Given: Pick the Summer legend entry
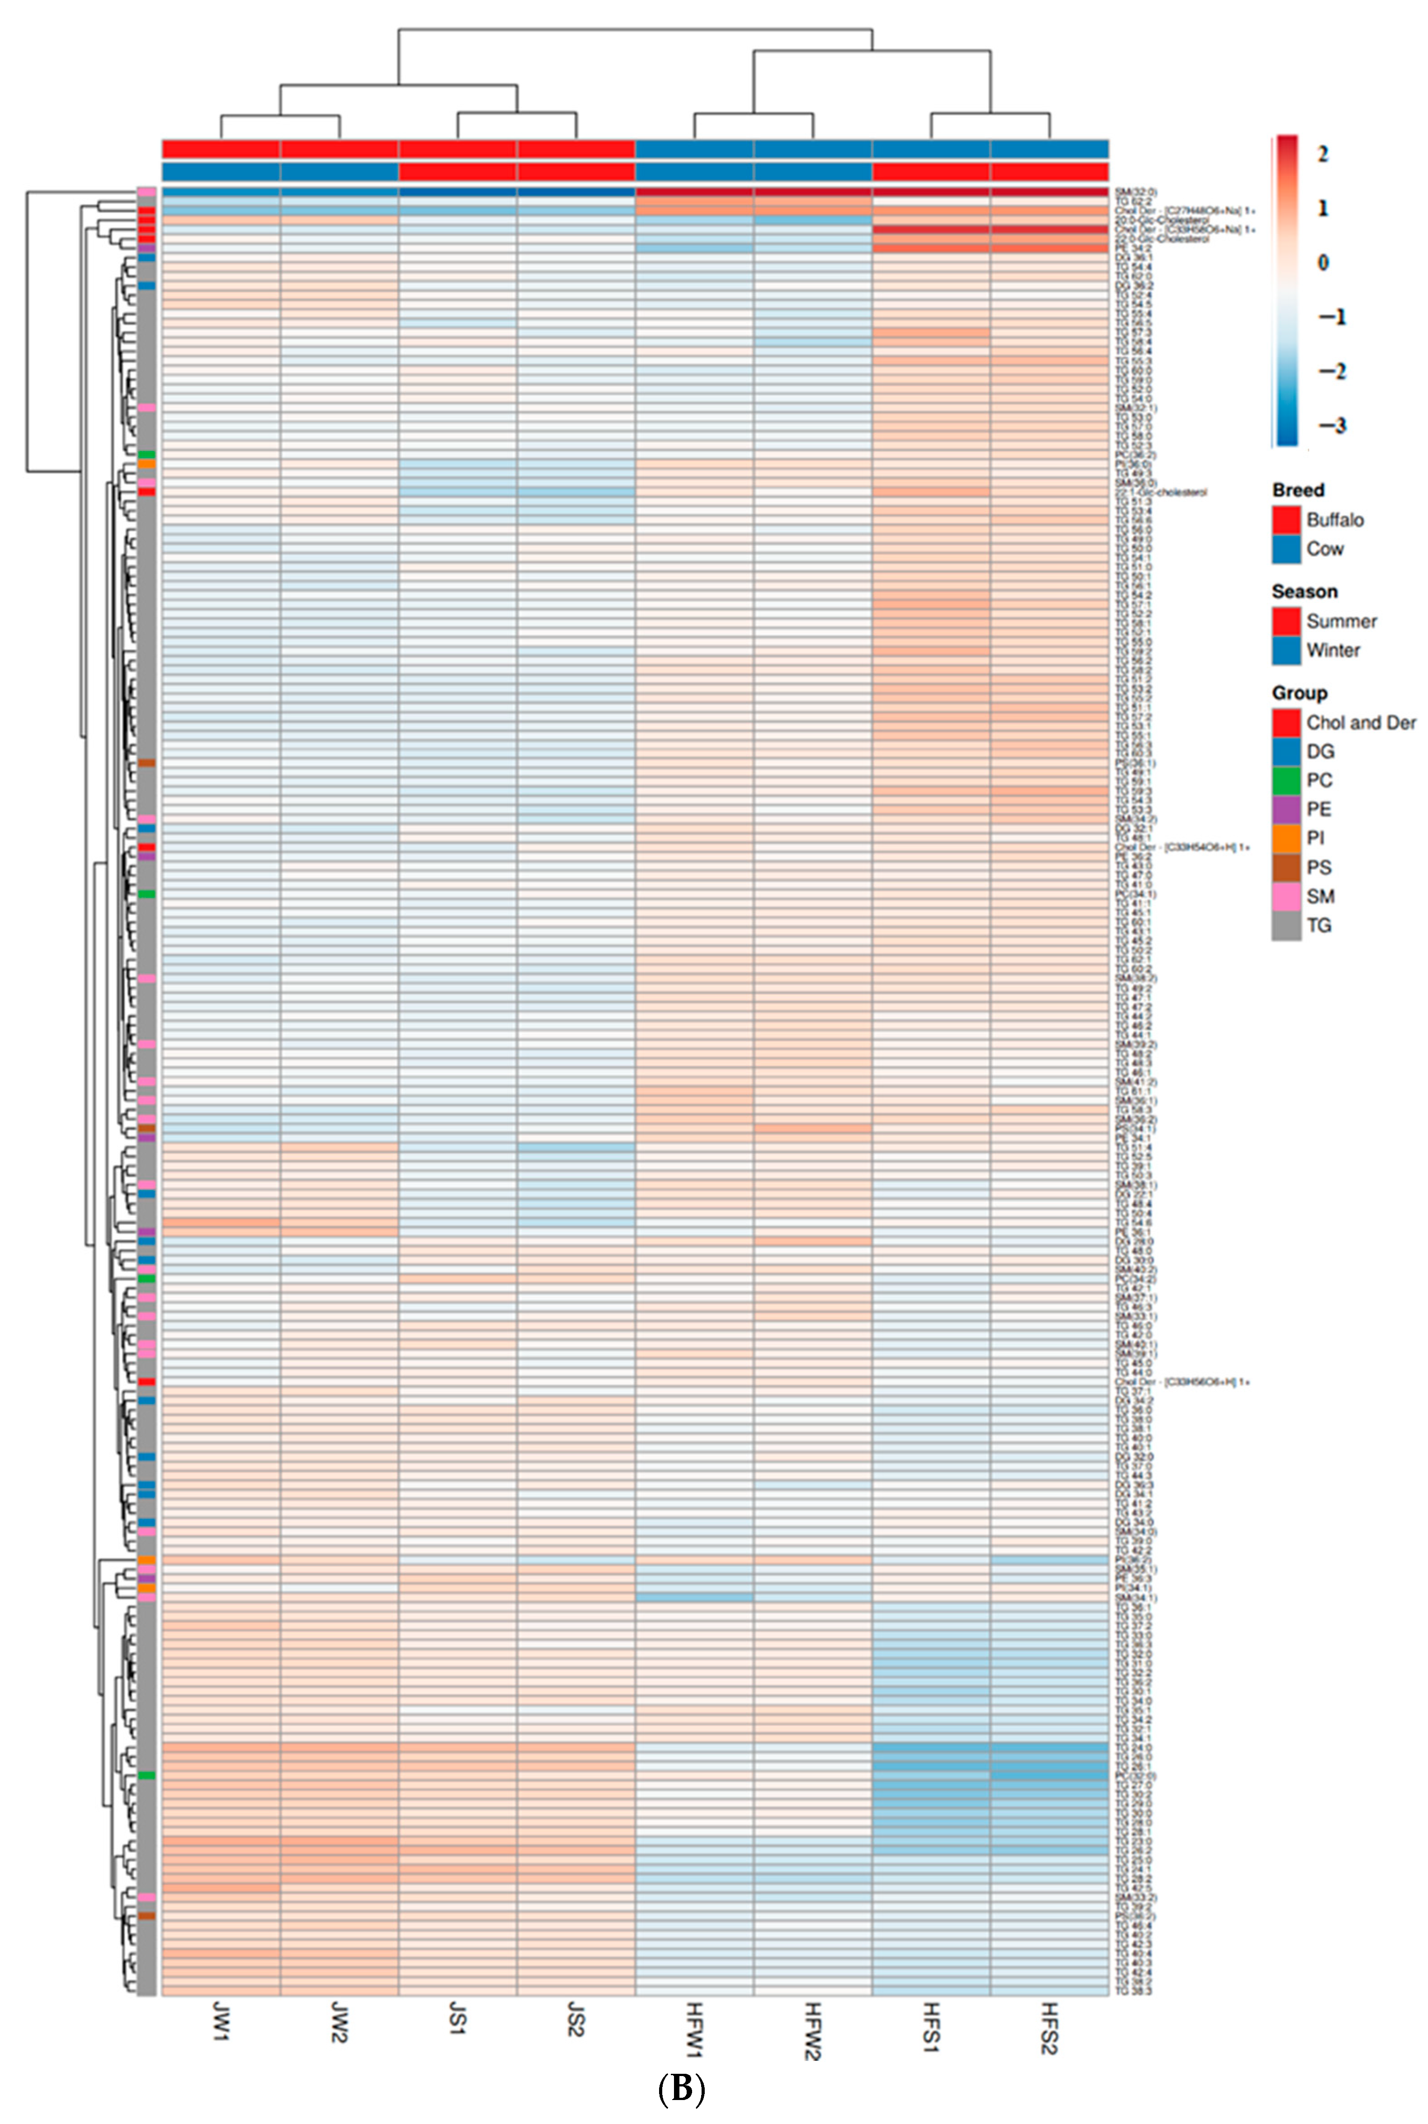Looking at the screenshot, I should click(x=1341, y=621).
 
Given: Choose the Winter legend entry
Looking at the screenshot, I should click(x=1332, y=650).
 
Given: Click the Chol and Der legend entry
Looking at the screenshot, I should click(x=1361, y=723).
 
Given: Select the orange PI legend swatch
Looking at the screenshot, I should click(x=1286, y=838).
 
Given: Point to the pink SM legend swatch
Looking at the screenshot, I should click(x=1286, y=896).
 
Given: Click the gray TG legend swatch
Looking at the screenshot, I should click(x=1286, y=926).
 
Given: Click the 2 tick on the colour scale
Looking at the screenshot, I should click(x=1322, y=154).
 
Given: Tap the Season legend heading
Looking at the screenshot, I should click(x=1304, y=591).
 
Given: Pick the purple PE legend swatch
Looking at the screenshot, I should click(x=1286, y=809).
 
